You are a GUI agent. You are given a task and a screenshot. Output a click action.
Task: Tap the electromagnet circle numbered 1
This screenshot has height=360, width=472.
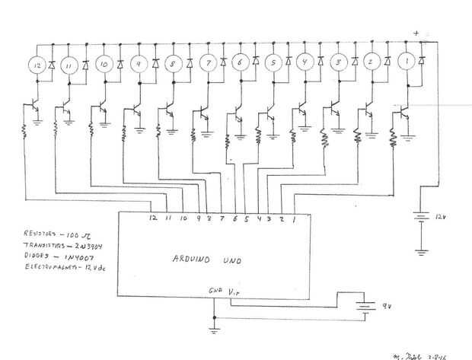click(x=407, y=61)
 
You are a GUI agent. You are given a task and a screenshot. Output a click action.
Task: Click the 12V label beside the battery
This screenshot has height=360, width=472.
click(x=439, y=217)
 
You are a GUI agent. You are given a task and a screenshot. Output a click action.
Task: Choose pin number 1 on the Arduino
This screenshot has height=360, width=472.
click(x=294, y=218)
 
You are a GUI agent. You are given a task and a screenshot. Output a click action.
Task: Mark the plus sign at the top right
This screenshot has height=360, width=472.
click(x=416, y=32)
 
